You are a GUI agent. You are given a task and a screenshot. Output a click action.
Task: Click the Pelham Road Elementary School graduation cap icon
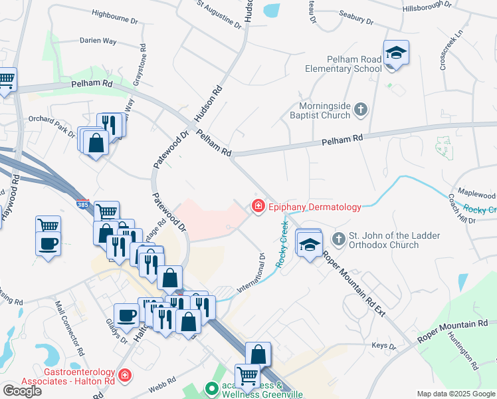point(396,52)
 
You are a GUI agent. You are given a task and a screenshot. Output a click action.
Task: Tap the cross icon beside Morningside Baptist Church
point(361,109)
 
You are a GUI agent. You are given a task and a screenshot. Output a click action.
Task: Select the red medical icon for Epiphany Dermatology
point(258,207)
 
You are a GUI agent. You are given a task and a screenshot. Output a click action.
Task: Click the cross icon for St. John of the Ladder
point(339,238)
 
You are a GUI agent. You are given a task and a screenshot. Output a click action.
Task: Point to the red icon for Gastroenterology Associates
point(124,377)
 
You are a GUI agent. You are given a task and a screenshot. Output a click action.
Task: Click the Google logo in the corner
point(22,390)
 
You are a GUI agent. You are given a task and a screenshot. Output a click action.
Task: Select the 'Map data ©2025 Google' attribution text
point(456,394)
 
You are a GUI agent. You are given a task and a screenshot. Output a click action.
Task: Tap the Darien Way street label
point(98,41)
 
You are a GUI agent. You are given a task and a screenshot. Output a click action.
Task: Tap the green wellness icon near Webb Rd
point(213,387)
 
